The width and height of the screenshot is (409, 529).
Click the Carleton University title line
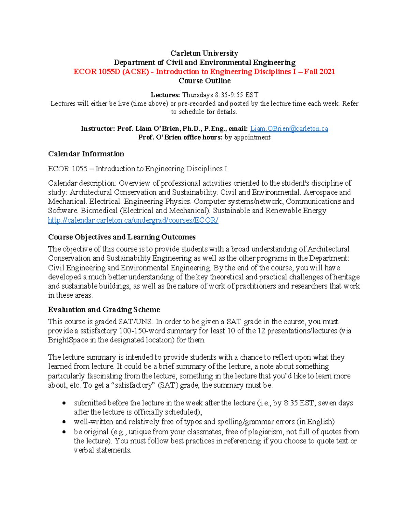pyautogui.click(x=204, y=53)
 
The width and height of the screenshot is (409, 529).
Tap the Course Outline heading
pyautogui.click(x=204, y=81)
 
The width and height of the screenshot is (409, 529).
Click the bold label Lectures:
pyautogui.click(x=165, y=95)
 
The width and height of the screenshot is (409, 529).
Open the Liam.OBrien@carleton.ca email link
pyautogui.click(x=289, y=128)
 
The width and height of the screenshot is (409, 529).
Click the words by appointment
pyautogui.click(x=247, y=137)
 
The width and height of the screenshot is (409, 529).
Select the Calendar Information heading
pyautogui.click(x=86, y=154)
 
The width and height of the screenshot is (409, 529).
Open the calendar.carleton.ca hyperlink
pyautogui.click(x=133, y=220)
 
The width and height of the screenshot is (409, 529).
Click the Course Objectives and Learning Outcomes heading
pyautogui.click(x=122, y=237)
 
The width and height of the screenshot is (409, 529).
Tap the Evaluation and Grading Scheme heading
pyautogui.click(x=104, y=309)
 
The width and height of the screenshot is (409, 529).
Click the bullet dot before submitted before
pyautogui.click(x=64, y=403)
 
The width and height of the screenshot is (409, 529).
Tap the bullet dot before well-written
pyautogui.click(x=64, y=422)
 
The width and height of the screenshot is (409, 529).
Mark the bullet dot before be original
pyautogui.click(x=64, y=432)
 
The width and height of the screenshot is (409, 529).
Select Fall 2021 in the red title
pyautogui.click(x=319, y=72)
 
